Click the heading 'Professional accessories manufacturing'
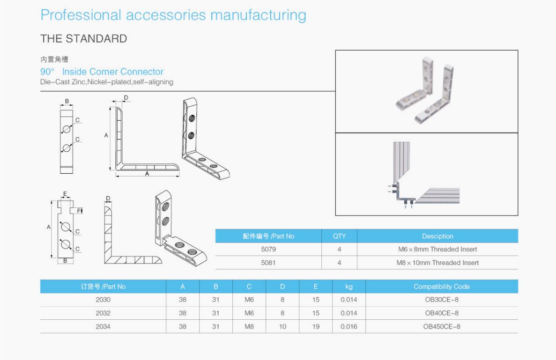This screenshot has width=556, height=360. pyautogui.click(x=173, y=15)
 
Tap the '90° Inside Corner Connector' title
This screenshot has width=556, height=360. pyautogui.click(x=102, y=72)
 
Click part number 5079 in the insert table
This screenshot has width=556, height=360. pyautogui.click(x=268, y=250)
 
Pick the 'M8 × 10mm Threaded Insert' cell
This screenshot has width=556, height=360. pyautogui.click(x=437, y=263)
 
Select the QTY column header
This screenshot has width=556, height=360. pyautogui.click(x=339, y=236)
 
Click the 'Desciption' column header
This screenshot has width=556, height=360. pyautogui.click(x=437, y=236)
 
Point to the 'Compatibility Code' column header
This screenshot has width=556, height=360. pyautogui.click(x=441, y=287)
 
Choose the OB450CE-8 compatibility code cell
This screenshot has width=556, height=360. pyautogui.click(x=442, y=326)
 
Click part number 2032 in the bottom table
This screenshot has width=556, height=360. pyautogui.click(x=103, y=313)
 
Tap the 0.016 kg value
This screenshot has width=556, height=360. pyautogui.click(x=348, y=326)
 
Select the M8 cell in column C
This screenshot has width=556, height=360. pyautogui.click(x=249, y=326)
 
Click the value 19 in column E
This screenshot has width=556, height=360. pyautogui.click(x=316, y=326)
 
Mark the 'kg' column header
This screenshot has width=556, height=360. pyautogui.click(x=348, y=287)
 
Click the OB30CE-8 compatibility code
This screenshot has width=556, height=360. pyautogui.click(x=442, y=300)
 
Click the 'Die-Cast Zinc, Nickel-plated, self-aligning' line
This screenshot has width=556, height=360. pyautogui.click(x=107, y=82)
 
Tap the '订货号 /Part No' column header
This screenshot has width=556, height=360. pyautogui.click(x=103, y=287)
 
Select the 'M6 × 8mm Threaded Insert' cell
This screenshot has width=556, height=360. pyautogui.click(x=437, y=250)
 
